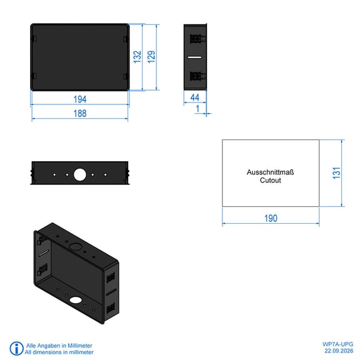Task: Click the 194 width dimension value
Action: (80, 99)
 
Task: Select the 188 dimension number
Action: (80, 113)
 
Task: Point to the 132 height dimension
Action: (137, 57)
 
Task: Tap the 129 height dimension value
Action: (151, 57)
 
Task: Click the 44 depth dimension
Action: (195, 97)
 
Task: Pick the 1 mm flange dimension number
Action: (197, 109)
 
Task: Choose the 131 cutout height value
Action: (337, 173)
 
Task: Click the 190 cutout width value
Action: (271, 218)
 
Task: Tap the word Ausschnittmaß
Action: (270, 172)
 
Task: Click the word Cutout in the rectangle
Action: (270, 180)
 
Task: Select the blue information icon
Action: (16, 348)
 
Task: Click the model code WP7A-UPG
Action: (337, 344)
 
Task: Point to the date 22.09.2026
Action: (339, 351)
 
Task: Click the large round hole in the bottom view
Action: (80, 174)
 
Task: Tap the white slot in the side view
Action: (195, 57)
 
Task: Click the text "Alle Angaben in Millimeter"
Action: (59, 346)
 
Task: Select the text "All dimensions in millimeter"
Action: (59, 352)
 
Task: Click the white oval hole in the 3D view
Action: (76, 299)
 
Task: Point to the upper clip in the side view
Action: (197, 39)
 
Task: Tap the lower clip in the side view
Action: (197, 76)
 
